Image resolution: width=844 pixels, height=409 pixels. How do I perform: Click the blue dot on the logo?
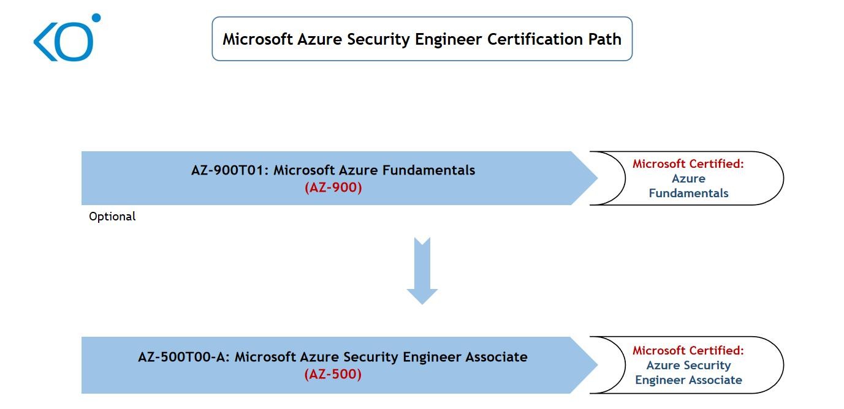[x=96, y=18]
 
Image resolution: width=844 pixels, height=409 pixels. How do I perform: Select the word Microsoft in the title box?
[x=257, y=39]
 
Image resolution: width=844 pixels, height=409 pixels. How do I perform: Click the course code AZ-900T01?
[x=230, y=170]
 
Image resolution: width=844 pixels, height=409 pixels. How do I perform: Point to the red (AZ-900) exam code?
[x=333, y=187]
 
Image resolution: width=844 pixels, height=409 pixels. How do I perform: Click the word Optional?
[x=112, y=216]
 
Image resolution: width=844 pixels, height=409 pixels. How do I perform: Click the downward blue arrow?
[x=422, y=271]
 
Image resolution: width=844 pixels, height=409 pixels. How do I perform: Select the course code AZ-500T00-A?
[x=184, y=357]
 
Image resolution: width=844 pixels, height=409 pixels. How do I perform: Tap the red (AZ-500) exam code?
[x=333, y=374]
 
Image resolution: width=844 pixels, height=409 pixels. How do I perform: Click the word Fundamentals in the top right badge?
[x=688, y=193]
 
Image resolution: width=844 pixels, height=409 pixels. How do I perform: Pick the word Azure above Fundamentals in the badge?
[x=688, y=178]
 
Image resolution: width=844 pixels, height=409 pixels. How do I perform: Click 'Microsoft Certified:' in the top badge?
[x=688, y=163]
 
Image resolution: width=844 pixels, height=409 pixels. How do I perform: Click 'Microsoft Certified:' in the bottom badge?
[x=688, y=350]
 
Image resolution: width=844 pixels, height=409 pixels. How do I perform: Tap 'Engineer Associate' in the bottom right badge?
[x=688, y=380]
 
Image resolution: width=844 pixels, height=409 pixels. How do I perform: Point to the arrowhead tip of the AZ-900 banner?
[x=597, y=178]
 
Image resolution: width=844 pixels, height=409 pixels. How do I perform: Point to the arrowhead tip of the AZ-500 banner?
[x=597, y=364]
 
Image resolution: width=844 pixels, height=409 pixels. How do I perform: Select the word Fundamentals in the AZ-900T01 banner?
[x=429, y=170]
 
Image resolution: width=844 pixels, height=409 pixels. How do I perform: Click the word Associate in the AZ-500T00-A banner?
[x=496, y=357]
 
